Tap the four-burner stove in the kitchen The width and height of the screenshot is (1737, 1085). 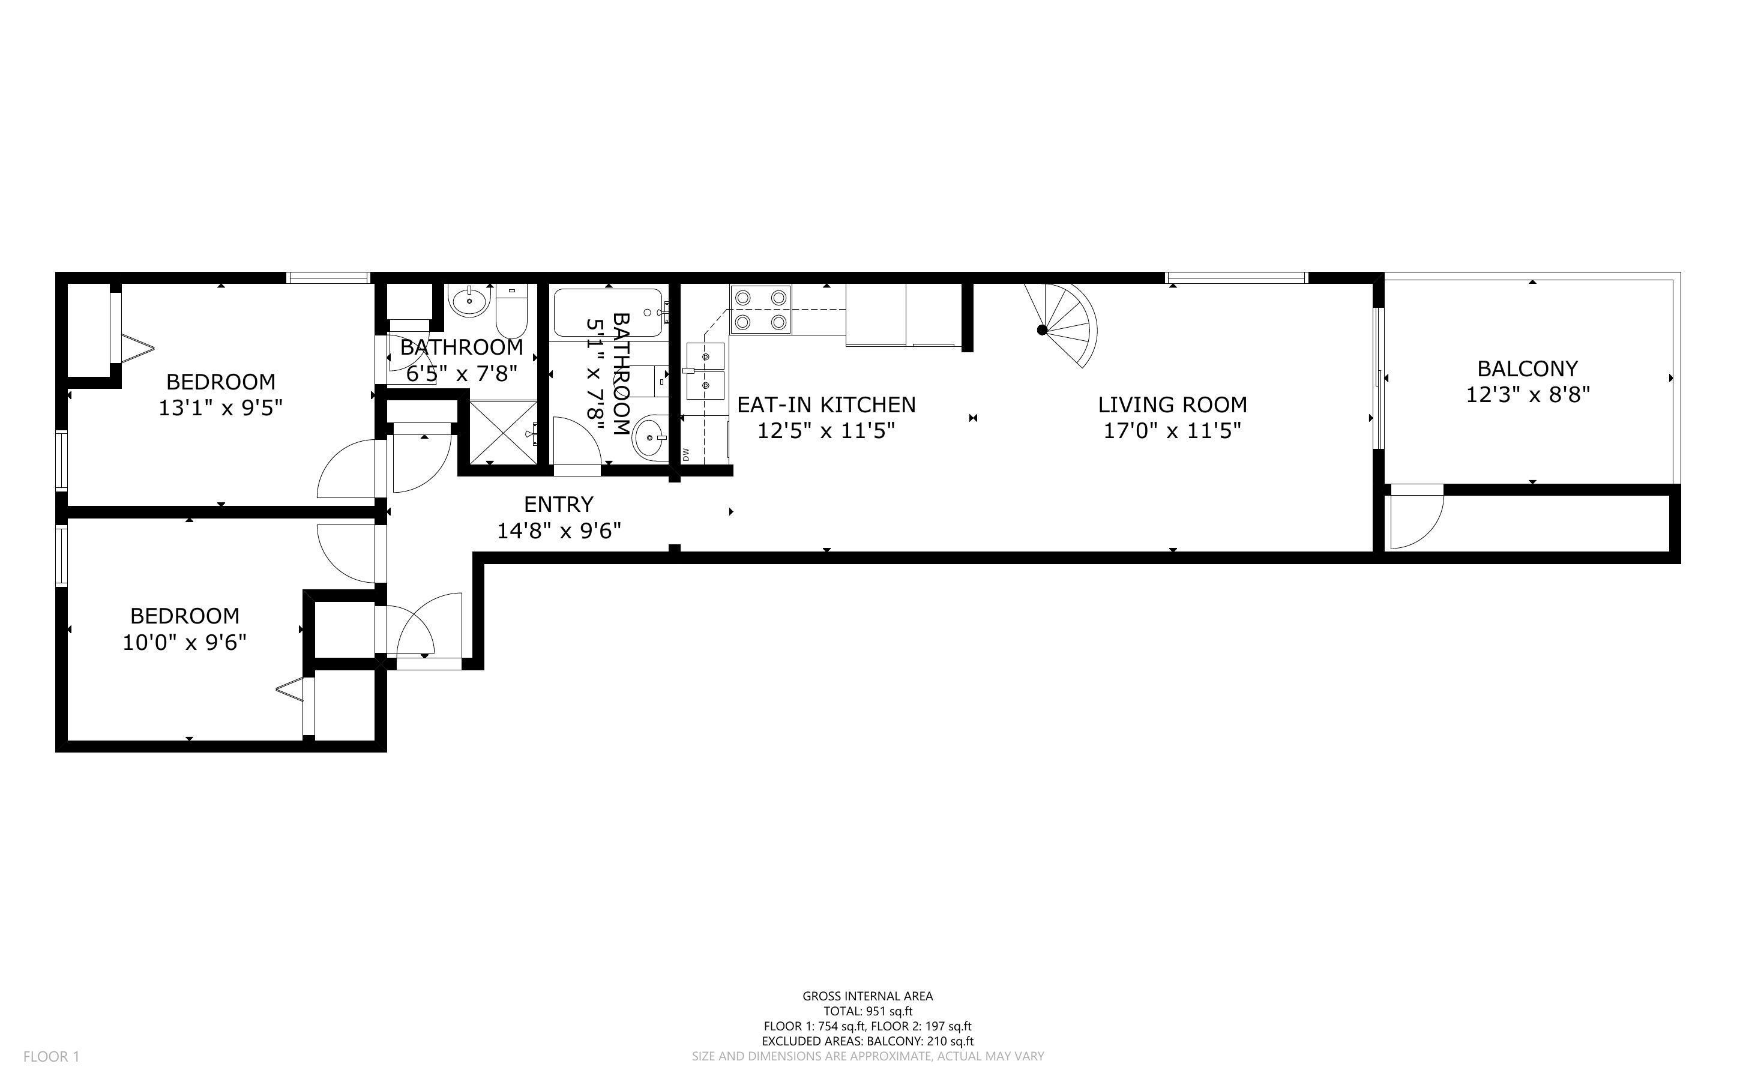(760, 309)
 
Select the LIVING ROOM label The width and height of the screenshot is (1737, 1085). (1172, 404)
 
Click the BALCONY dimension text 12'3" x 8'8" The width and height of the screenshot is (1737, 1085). (1528, 395)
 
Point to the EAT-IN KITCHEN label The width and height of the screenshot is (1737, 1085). (826, 404)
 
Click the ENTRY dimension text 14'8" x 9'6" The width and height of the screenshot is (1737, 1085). (559, 531)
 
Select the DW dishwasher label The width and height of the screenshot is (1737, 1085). (686, 454)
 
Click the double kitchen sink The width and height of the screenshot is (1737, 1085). (705, 371)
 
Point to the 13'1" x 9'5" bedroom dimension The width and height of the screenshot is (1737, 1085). (220, 408)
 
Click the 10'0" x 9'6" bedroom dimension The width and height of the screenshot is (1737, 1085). (184, 642)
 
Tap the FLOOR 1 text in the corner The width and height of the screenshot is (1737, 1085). (51, 1056)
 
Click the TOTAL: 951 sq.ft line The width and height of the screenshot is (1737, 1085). (867, 1011)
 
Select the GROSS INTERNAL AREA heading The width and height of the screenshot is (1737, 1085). (867, 996)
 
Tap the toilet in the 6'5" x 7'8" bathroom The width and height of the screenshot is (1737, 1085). (511, 311)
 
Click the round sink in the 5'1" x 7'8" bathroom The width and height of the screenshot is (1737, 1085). (650, 436)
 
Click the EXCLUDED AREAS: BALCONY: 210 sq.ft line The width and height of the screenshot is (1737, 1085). (867, 1041)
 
